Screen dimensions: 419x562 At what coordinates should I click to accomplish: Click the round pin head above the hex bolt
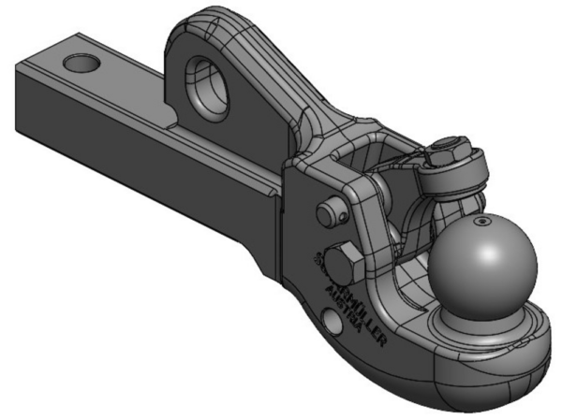click(x=327, y=213)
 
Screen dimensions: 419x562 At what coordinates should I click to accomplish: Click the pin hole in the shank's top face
click(x=83, y=65)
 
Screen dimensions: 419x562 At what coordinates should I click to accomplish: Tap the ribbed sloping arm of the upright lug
click(x=281, y=94)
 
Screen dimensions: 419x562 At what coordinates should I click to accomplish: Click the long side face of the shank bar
click(x=140, y=159)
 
